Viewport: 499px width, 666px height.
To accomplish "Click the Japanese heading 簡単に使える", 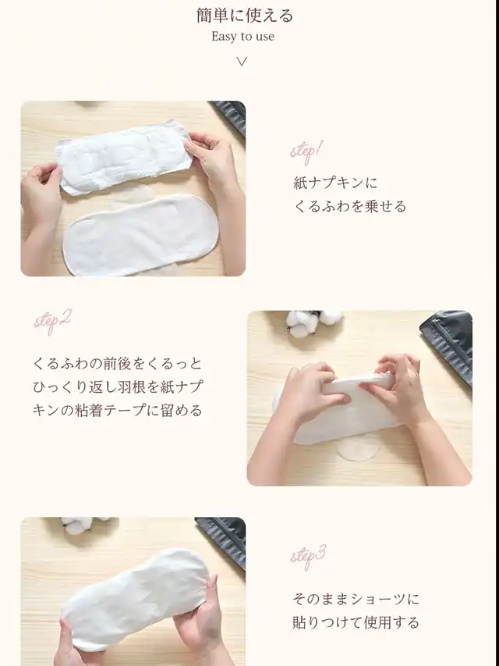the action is coord(244,16).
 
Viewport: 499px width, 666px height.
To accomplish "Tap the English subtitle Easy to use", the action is coord(242,37).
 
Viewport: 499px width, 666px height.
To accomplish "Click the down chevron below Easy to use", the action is coord(242,62).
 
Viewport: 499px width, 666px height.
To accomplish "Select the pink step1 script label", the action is coord(306,152).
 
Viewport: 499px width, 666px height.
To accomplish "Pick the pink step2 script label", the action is coord(52,322).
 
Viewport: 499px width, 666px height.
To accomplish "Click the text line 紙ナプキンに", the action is coord(335,183).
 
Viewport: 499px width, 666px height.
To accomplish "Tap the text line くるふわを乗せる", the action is coord(349,206).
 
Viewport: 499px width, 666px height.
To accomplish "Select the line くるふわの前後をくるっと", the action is coord(118,364).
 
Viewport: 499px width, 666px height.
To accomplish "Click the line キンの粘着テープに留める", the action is coord(118,411).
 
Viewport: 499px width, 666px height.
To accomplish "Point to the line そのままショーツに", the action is coord(356,600).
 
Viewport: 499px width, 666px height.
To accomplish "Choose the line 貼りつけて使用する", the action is coord(356,623).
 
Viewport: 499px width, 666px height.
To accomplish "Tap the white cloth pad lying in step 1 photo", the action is coord(140,235).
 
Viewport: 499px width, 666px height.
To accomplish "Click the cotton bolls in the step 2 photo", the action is coord(313,322).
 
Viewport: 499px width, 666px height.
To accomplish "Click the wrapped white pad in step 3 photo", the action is coord(135,600).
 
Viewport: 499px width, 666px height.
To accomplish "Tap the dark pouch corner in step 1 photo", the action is coord(232,116).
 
